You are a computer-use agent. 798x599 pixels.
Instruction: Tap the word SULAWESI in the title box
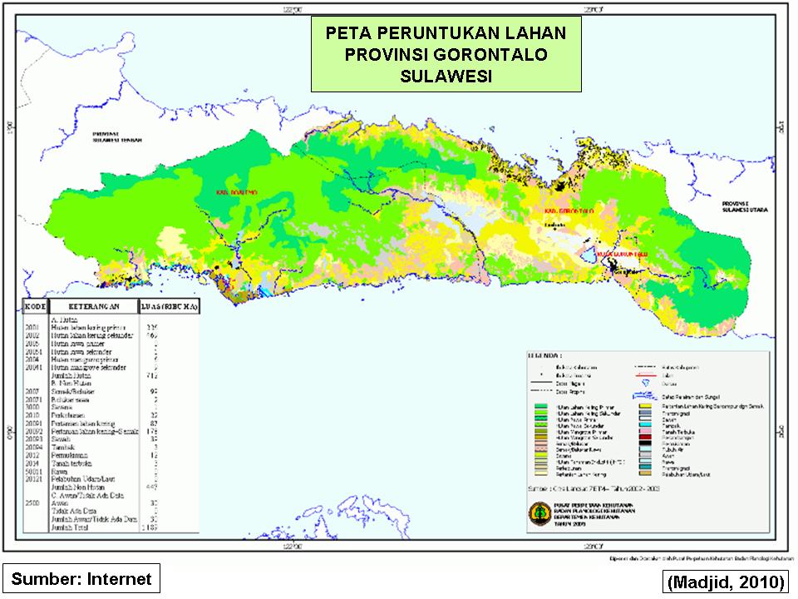[x=446, y=76]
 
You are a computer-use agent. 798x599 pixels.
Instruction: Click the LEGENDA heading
[x=544, y=355]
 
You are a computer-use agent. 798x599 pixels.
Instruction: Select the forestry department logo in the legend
[x=539, y=515]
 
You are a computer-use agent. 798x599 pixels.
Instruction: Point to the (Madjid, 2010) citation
[x=725, y=580]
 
